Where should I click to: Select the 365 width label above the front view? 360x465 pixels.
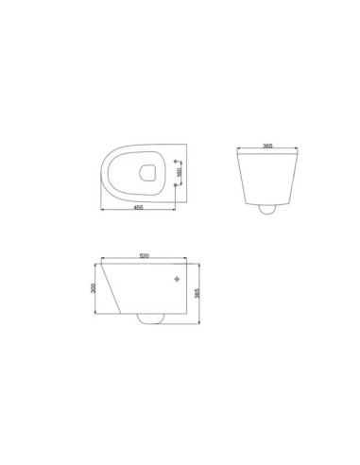point(267,147)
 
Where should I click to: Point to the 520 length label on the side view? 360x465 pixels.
point(144,256)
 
